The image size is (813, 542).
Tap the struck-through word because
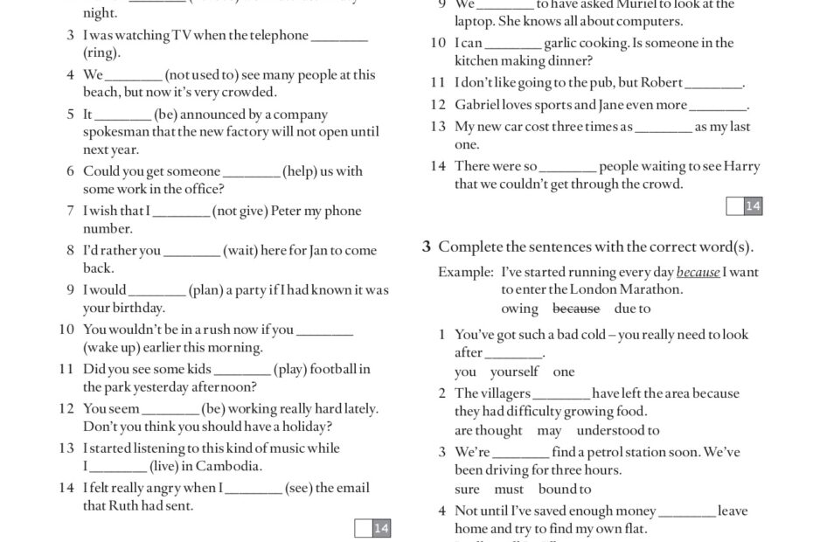point(576,309)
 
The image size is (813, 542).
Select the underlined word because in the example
point(698,272)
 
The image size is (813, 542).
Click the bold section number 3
point(427,247)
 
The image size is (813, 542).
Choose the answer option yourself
point(515,372)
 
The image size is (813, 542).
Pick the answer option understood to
point(618,430)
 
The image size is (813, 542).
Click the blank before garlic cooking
point(512,44)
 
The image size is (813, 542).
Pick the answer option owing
point(519,309)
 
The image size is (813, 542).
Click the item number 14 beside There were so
point(438,166)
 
